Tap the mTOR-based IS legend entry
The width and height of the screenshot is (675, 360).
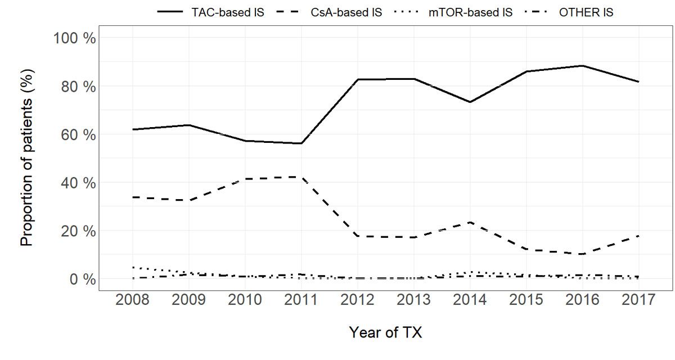coord(470,12)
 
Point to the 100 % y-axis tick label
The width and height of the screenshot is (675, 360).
coord(74,38)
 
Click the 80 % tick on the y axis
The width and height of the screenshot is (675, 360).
coord(78,87)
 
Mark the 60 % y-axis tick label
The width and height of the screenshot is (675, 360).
coord(78,135)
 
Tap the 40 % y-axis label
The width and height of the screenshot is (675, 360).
coord(78,183)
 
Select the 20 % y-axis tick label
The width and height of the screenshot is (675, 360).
coord(78,231)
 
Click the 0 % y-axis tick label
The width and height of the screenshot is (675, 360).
coord(82,280)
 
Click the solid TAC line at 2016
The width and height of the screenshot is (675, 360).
coord(582,66)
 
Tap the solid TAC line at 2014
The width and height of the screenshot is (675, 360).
coord(470,102)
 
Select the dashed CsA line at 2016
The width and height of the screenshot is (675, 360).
coord(582,254)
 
